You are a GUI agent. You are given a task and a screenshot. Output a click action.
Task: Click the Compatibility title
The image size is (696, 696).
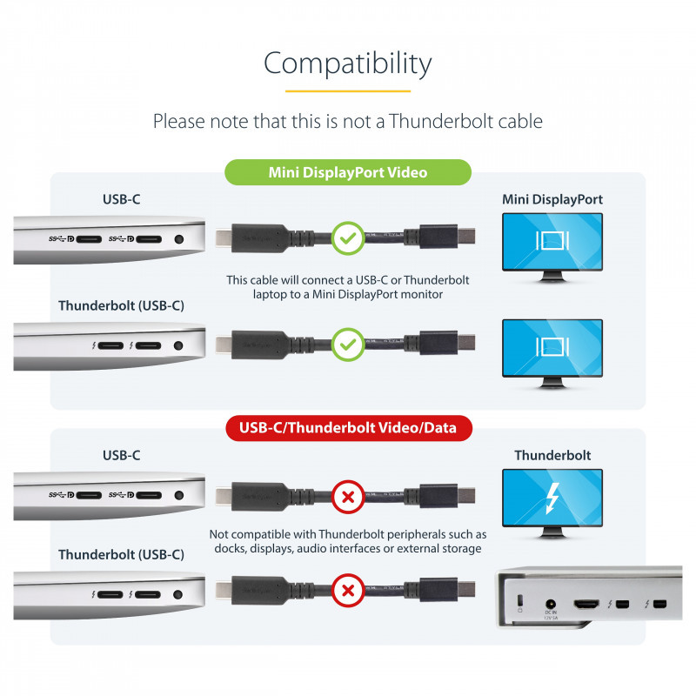coord(347,64)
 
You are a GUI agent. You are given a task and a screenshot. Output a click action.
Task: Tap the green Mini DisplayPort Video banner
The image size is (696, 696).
coord(348,172)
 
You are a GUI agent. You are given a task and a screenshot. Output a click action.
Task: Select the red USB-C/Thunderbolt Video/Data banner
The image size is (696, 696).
coord(349,428)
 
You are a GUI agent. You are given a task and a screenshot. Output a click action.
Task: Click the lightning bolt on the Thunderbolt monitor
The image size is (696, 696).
coord(552,498)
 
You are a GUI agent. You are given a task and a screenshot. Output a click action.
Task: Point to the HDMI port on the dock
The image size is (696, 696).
coord(586,604)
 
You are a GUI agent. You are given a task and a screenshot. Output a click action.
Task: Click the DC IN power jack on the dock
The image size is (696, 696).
coord(551,604)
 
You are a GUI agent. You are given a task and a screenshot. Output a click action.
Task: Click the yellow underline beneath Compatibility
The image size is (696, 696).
coord(348,91)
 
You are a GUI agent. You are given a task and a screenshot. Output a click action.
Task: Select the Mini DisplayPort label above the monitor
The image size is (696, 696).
coord(552,200)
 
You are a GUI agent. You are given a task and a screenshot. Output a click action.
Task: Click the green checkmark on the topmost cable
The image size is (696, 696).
coord(348,238)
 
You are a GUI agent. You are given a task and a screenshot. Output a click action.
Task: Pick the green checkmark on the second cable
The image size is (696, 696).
coord(348,345)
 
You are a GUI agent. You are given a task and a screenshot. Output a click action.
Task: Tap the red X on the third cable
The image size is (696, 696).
coord(348,497)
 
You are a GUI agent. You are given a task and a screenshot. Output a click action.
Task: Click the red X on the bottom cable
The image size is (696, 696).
coord(349,591)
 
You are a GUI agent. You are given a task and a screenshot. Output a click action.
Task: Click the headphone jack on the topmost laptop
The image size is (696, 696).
coord(179,239)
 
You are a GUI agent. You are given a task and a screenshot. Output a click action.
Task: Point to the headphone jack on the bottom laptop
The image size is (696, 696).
coord(178,594)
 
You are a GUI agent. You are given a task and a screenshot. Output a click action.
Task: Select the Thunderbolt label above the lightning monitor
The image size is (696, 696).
coord(552,455)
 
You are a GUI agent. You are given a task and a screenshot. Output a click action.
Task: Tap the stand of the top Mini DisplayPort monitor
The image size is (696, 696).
coord(552,277)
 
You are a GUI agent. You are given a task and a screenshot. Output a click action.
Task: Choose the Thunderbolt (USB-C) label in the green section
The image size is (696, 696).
coord(121,306)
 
